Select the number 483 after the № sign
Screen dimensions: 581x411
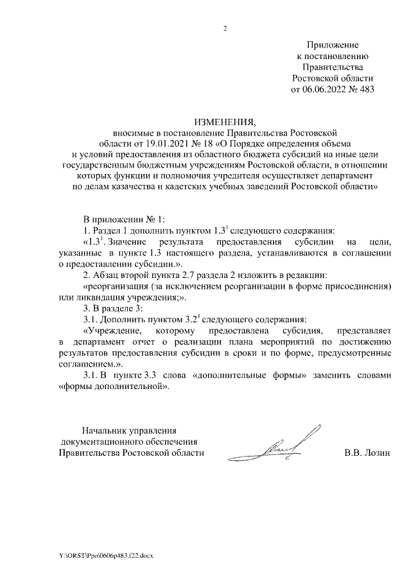(365, 89)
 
